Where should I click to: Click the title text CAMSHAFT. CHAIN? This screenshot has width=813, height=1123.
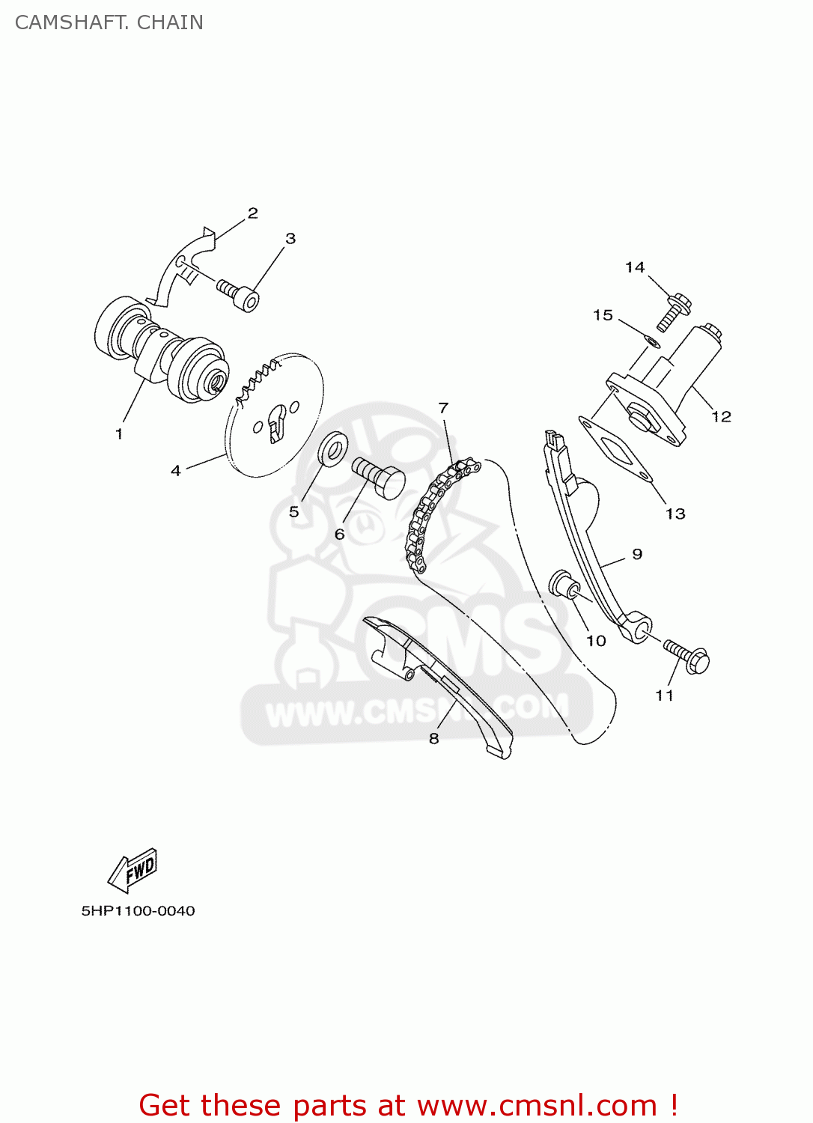(109, 22)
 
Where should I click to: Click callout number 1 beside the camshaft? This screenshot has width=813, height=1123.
(118, 434)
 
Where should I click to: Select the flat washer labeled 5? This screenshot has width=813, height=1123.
(333, 448)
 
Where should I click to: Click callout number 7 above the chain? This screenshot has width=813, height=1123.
(443, 408)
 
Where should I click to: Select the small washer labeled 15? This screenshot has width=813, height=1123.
(651, 342)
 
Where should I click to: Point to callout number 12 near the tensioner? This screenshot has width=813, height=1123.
(721, 417)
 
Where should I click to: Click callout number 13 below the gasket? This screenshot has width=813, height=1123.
(675, 514)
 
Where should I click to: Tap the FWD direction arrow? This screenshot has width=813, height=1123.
(133, 870)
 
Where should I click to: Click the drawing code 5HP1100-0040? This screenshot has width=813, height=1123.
(138, 911)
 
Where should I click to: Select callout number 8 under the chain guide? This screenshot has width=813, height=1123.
(433, 738)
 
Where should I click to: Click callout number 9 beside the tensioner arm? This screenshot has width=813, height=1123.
(637, 554)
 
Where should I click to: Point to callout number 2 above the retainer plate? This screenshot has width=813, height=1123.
(253, 213)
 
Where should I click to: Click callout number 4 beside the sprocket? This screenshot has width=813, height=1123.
(176, 471)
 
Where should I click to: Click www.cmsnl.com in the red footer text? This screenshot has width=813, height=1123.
(536, 1106)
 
